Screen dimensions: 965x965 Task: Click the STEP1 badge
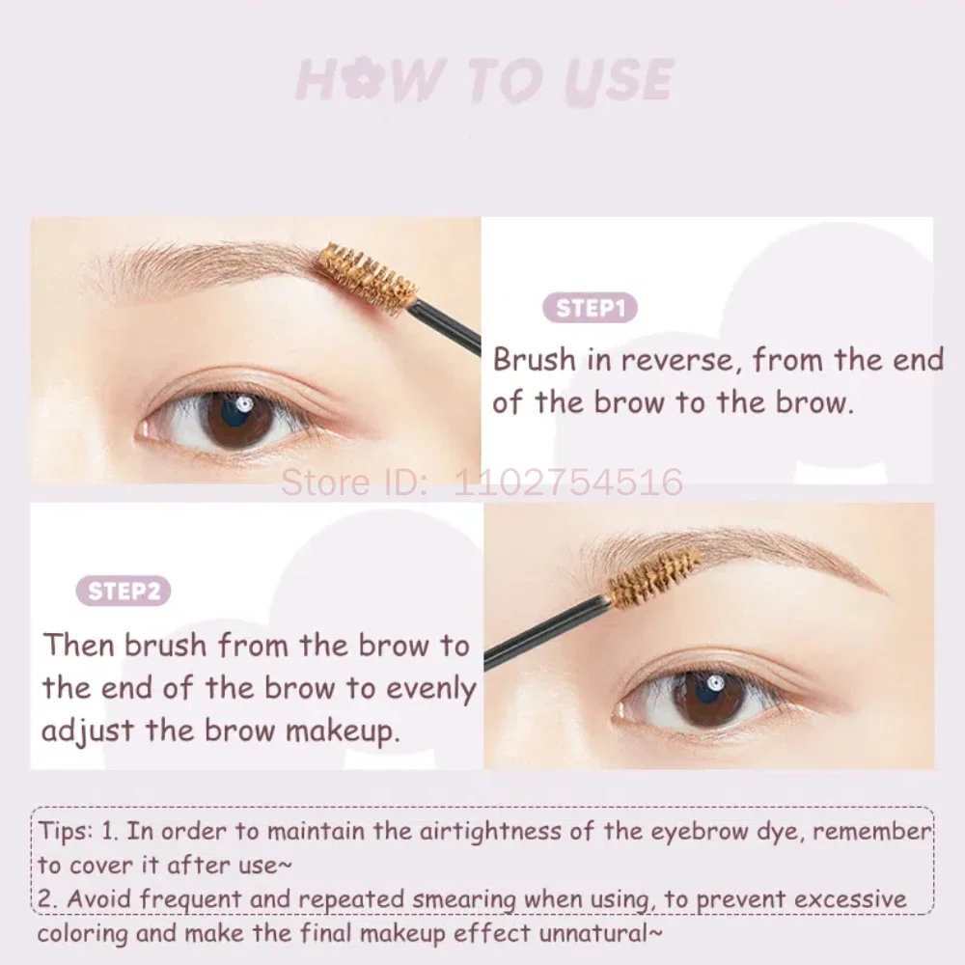point(592,309)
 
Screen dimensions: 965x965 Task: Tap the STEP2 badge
point(124,591)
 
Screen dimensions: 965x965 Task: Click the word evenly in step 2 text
point(431,688)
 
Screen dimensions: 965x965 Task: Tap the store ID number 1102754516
point(569,481)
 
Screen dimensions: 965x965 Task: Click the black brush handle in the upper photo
point(446,324)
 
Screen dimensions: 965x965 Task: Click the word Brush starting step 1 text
point(534,360)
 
